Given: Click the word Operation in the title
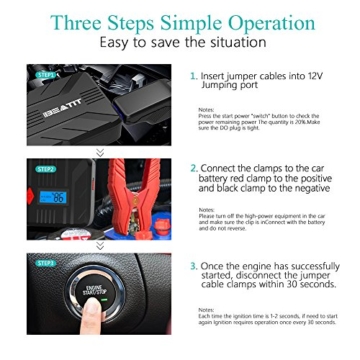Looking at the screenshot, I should coord(276,22).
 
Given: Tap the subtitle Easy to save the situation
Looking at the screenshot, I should coord(180,46).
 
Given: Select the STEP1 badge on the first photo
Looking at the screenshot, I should coord(45,74).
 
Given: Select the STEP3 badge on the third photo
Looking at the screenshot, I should coord(45,263).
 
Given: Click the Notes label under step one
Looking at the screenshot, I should coord(205,108).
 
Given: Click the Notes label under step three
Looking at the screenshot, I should coord(205,308).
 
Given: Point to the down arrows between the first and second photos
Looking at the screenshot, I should coord(100,153).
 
